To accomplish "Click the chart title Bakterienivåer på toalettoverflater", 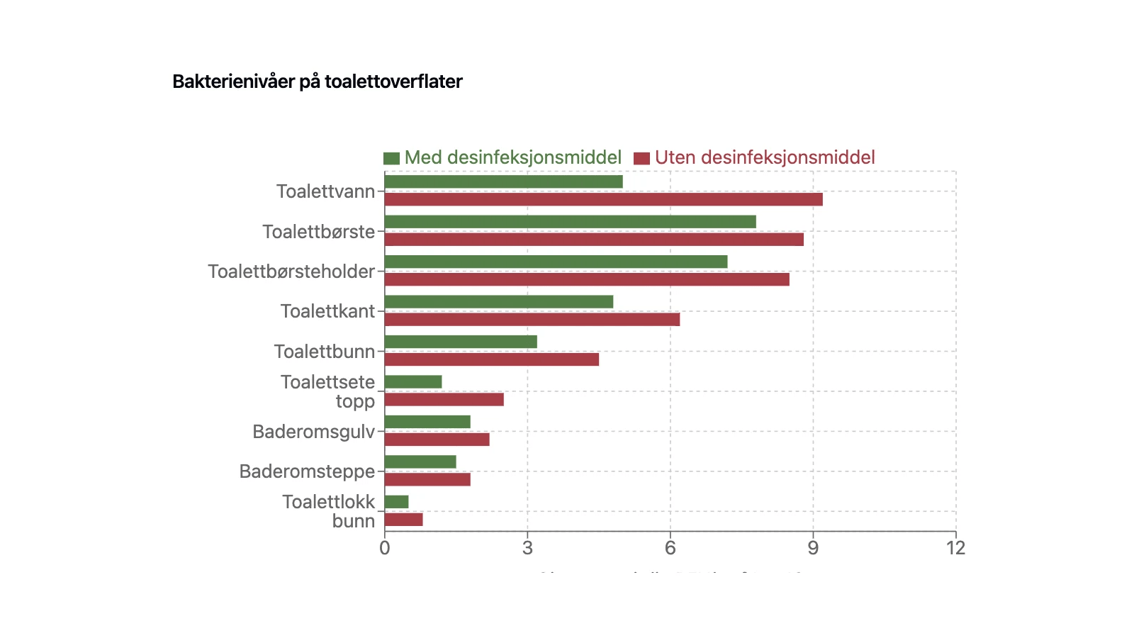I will coord(317,82).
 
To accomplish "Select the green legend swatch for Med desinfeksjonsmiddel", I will coord(391,158).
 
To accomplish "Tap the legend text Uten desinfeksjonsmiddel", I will coord(764,157).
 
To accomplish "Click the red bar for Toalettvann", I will coord(603,199).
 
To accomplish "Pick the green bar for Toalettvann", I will coord(503,181).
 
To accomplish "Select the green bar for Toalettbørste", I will coord(570,222).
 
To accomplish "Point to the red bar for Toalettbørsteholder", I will coord(587,279).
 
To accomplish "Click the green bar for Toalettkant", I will coord(498,302).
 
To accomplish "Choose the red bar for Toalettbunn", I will coord(491,359).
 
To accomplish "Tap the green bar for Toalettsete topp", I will coord(413,382).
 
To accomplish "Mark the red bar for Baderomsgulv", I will coord(437,440).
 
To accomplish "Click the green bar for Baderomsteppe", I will coord(420,462).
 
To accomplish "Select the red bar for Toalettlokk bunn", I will coord(403,520).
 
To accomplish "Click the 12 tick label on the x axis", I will coord(955,547).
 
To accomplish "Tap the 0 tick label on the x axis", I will coord(384,547).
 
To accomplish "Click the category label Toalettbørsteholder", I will coord(291,272).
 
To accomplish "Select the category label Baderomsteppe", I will coord(307,471).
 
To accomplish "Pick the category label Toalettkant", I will coord(327,311).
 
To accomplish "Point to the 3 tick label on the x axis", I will coord(527,547).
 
